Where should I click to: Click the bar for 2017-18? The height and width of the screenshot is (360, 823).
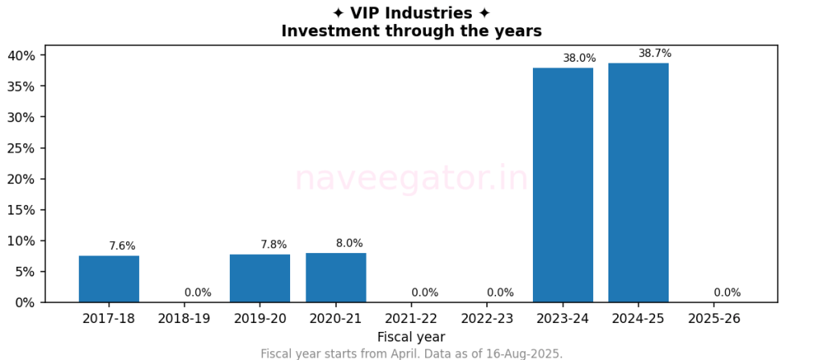click(109, 279)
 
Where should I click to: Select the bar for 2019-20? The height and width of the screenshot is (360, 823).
click(260, 278)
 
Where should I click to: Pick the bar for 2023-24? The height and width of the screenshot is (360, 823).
click(563, 185)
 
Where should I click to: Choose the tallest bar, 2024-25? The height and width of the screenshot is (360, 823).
click(638, 182)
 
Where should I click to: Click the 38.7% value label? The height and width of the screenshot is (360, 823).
click(655, 53)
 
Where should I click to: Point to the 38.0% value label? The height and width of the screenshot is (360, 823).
click(579, 58)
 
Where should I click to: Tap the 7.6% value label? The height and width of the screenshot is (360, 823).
click(122, 246)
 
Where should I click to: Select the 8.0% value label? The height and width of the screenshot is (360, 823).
click(350, 243)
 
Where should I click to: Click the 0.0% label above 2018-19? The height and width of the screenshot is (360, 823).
click(198, 292)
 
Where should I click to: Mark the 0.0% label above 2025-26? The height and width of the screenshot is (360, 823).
click(727, 292)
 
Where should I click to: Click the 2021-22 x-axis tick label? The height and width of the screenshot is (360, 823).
click(411, 319)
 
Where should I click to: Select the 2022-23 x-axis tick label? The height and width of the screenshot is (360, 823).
click(487, 319)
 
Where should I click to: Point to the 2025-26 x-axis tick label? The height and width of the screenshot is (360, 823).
click(714, 319)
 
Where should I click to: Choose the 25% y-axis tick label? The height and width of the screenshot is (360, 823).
click(22, 148)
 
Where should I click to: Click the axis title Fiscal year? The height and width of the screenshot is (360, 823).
click(411, 337)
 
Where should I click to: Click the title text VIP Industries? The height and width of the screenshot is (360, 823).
click(411, 14)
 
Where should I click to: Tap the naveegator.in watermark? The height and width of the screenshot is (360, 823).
click(411, 178)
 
